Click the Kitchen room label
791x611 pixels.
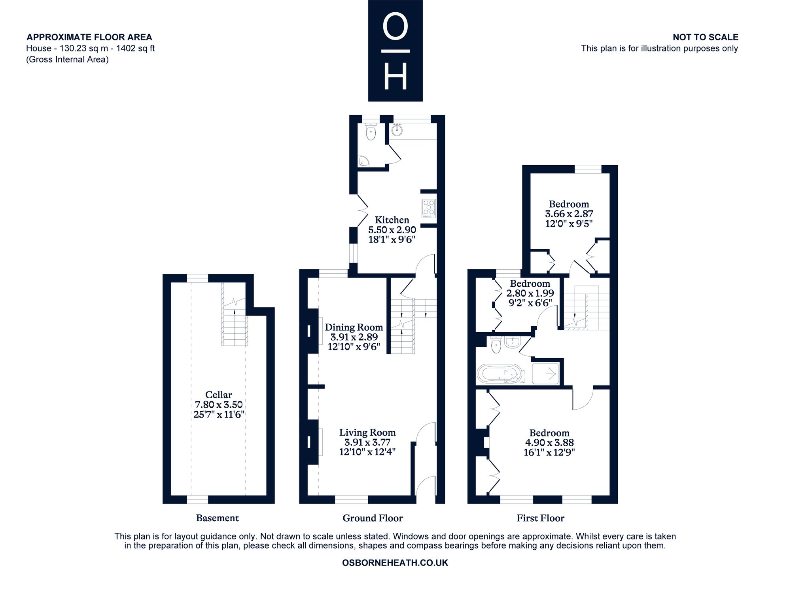point(392,220)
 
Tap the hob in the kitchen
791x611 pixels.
point(429,208)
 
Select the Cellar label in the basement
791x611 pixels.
point(219,395)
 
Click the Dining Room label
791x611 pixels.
point(354,327)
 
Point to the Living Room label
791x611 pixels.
point(367,433)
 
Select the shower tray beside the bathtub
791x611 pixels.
point(545,374)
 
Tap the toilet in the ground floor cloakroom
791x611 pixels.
point(371,132)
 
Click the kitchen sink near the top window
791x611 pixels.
point(397,129)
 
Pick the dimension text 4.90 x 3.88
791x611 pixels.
point(549,443)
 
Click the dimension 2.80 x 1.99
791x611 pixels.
point(530,293)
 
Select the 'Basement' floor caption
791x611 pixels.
point(218,518)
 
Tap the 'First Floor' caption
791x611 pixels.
point(540,518)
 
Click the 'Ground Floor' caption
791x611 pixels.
point(373,518)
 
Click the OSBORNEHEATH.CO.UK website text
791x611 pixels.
point(395,563)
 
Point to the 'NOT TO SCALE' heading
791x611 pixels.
point(706,37)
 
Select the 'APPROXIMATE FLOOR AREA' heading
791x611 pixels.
point(89,37)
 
